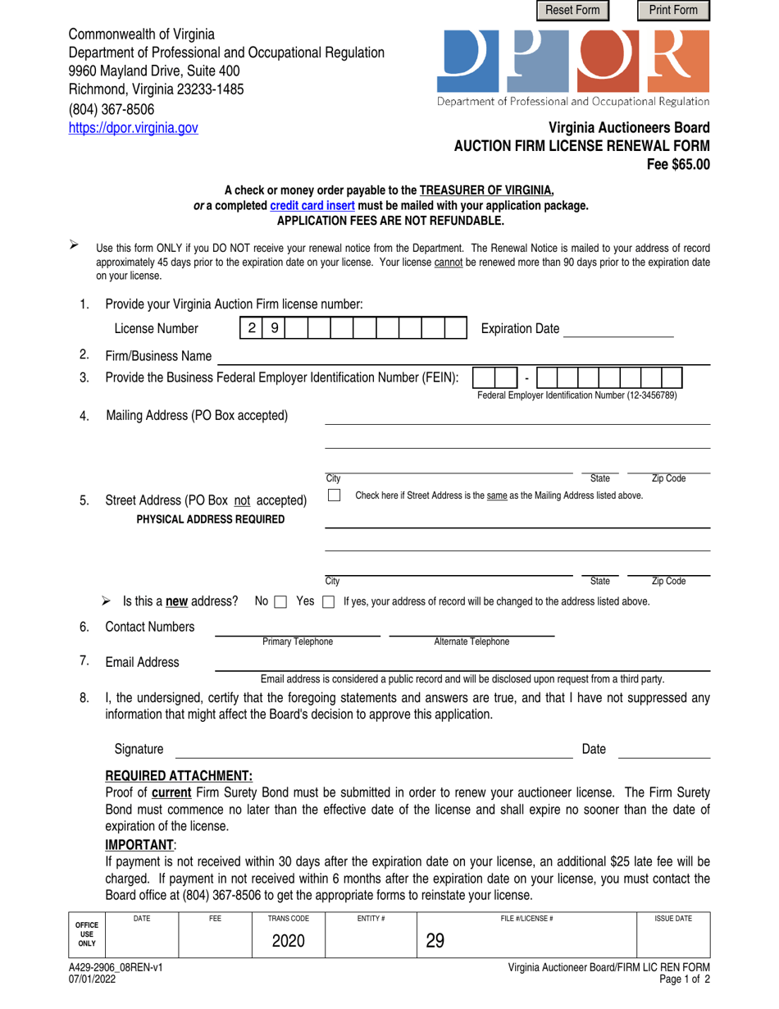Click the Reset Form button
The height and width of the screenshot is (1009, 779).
pyautogui.click(x=572, y=11)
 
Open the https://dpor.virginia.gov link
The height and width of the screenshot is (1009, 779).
pyautogui.click(x=133, y=128)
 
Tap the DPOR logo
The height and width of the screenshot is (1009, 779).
pyautogui.click(x=574, y=61)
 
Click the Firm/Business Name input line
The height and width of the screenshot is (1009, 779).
pyautogui.click(x=462, y=356)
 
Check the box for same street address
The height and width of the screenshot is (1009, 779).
pyautogui.click(x=334, y=495)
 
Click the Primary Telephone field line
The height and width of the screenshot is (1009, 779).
pyautogui.click(x=297, y=628)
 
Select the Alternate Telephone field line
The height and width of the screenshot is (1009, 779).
pyautogui.click(x=471, y=628)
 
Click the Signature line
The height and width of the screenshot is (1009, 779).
pyautogui.click(x=375, y=749)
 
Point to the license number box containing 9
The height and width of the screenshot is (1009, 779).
pyautogui.click(x=274, y=329)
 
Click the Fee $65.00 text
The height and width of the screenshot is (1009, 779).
pyautogui.click(x=678, y=163)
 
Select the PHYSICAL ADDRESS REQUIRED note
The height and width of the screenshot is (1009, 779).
pyautogui.click(x=207, y=518)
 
